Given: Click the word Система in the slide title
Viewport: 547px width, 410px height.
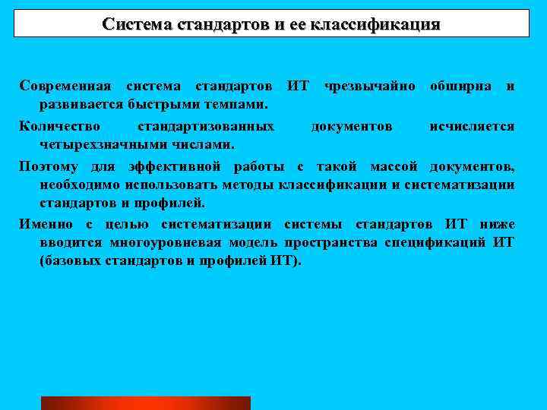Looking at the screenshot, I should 137,24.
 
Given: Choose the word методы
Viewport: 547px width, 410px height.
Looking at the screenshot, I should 254,184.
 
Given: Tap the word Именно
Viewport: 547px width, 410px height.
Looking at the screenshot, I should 46,224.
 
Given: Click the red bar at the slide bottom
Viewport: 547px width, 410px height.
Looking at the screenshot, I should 145,403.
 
